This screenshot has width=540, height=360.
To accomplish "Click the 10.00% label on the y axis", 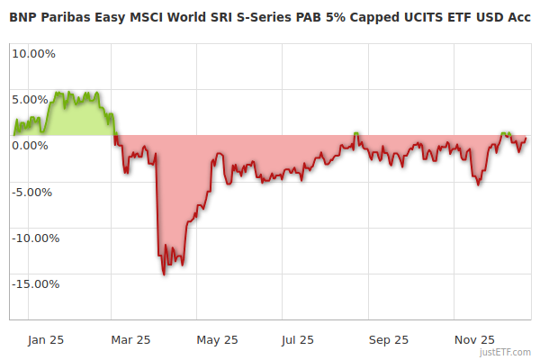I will click(34, 53).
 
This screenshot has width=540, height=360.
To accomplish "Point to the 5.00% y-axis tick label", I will click(34, 99).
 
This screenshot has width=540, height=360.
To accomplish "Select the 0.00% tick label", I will click(34, 145).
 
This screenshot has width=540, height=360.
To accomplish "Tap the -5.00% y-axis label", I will click(34, 192).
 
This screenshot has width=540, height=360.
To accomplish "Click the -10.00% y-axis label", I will click(34, 238).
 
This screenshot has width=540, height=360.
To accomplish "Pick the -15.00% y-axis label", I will click(34, 284).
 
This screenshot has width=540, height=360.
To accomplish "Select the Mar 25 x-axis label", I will click(130, 339).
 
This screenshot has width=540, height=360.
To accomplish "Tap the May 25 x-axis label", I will click(217, 339).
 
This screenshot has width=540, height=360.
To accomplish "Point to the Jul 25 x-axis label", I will click(299, 339).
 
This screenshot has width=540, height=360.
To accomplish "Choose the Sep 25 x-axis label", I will click(389, 339).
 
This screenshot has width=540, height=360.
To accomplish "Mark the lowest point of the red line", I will click(164, 274).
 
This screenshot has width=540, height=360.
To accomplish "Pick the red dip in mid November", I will click(478, 184).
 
